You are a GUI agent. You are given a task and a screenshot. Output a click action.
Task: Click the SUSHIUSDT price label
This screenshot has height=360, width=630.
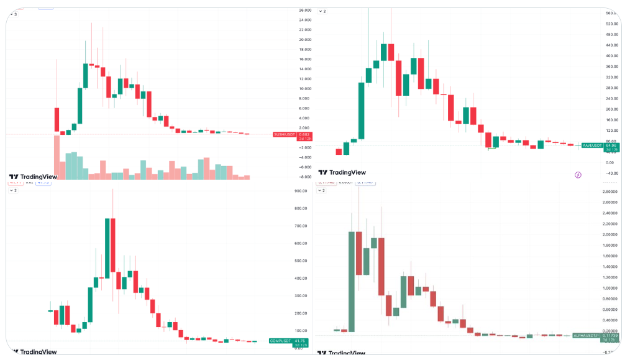(x=292, y=134)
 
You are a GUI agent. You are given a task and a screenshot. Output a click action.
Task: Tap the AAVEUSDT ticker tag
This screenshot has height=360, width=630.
(x=591, y=145)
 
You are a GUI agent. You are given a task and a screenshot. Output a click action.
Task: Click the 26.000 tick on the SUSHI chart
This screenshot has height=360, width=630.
(x=304, y=11)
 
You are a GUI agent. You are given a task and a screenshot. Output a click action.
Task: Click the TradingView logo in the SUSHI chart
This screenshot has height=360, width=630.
(x=33, y=177)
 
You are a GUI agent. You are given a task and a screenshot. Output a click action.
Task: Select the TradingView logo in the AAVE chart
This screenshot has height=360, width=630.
(x=342, y=173)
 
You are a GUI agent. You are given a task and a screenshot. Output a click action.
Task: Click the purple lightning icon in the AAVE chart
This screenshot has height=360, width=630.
(x=578, y=175)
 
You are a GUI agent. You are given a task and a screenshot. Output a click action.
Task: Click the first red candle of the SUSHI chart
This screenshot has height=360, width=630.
(x=57, y=119)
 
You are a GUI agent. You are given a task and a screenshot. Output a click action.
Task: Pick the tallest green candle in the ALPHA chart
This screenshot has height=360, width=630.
(x=352, y=281)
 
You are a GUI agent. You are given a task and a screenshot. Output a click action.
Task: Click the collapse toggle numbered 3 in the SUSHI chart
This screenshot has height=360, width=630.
(x=14, y=14)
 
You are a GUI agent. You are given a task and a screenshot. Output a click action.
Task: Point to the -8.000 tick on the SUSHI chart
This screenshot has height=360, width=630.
(x=304, y=177)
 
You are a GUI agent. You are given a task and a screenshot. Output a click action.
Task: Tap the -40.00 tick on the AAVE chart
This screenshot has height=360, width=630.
(x=611, y=173)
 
